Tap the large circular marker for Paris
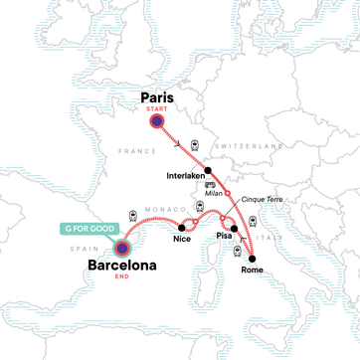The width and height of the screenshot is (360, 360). coord(156,120)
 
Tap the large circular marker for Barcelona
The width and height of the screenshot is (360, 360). coord(122,249)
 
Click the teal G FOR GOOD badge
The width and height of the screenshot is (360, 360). coord(87,229)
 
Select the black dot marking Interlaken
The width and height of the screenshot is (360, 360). coord(208,171)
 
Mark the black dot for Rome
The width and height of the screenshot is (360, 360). coord(254,257)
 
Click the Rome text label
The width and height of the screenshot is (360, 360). coord(254,270)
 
